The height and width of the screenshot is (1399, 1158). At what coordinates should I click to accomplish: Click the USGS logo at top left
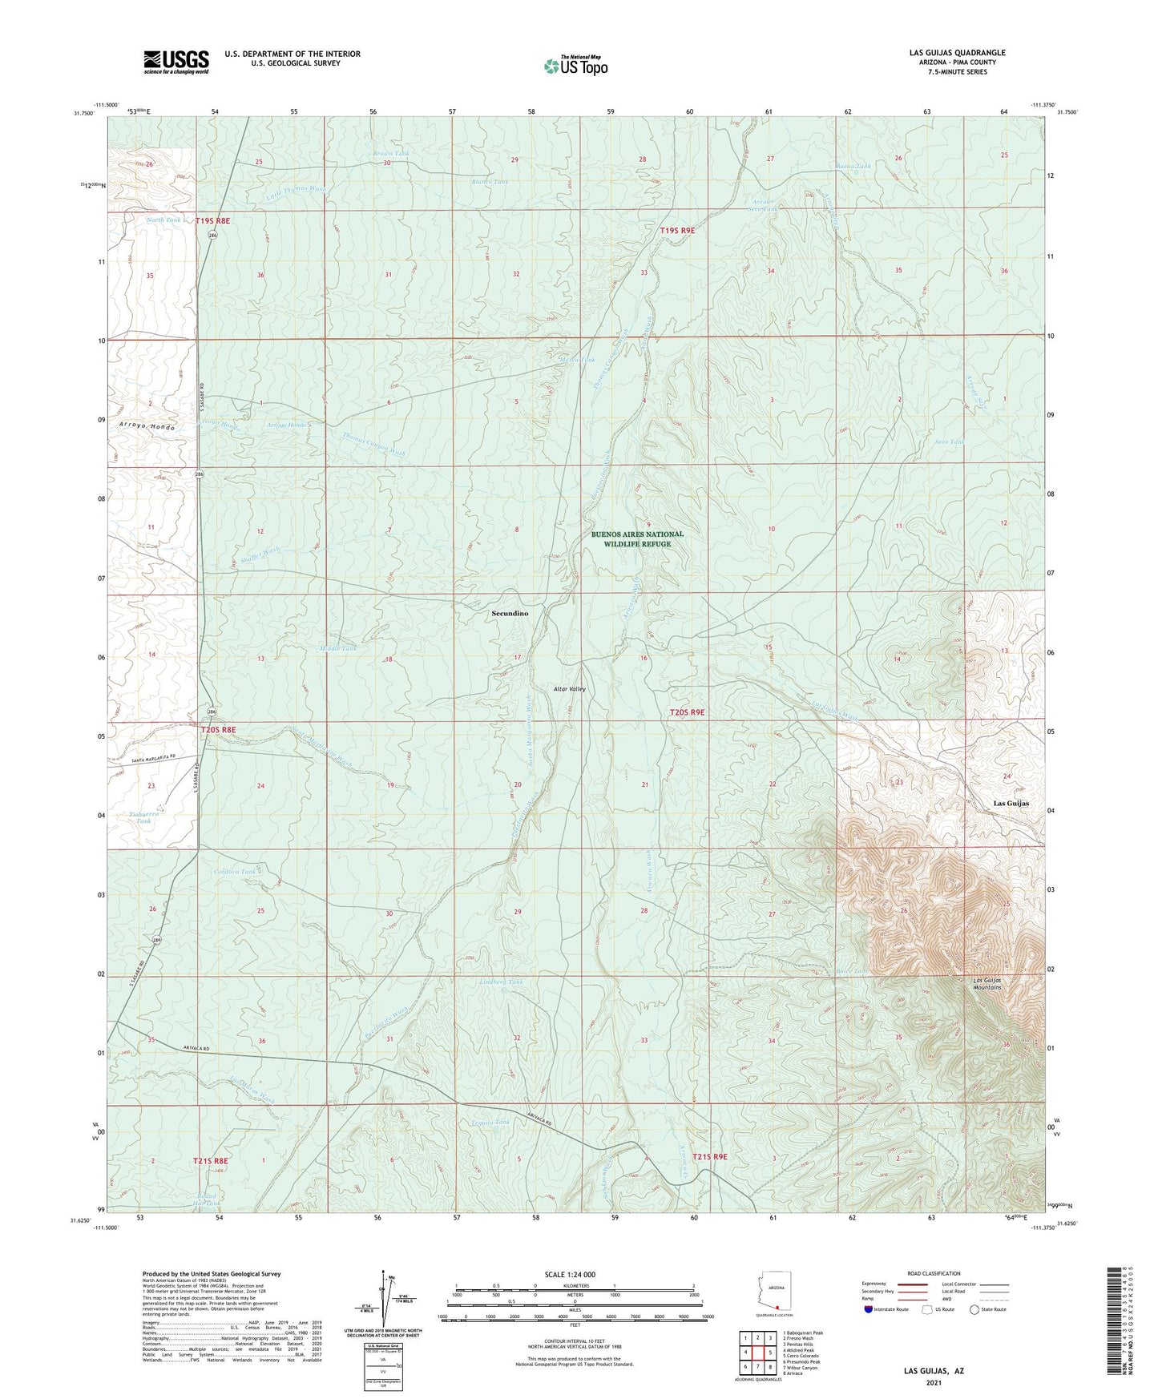click(x=176, y=62)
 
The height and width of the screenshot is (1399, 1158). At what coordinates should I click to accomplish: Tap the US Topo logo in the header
click(x=575, y=66)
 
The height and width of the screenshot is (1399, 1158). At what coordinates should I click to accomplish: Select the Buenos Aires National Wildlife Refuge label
click(x=638, y=539)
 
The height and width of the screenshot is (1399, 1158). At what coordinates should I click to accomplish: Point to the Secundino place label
click(x=510, y=613)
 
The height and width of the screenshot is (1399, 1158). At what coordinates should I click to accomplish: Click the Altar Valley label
click(x=569, y=689)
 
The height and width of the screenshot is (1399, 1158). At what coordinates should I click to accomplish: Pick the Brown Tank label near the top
click(x=390, y=153)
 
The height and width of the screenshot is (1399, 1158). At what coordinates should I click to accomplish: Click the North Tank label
click(x=163, y=220)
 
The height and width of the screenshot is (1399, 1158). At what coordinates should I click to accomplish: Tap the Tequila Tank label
click(x=491, y=1123)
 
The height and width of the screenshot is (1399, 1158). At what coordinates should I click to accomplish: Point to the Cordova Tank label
click(x=236, y=872)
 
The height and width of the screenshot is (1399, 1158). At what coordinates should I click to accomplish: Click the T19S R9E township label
click(x=677, y=231)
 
